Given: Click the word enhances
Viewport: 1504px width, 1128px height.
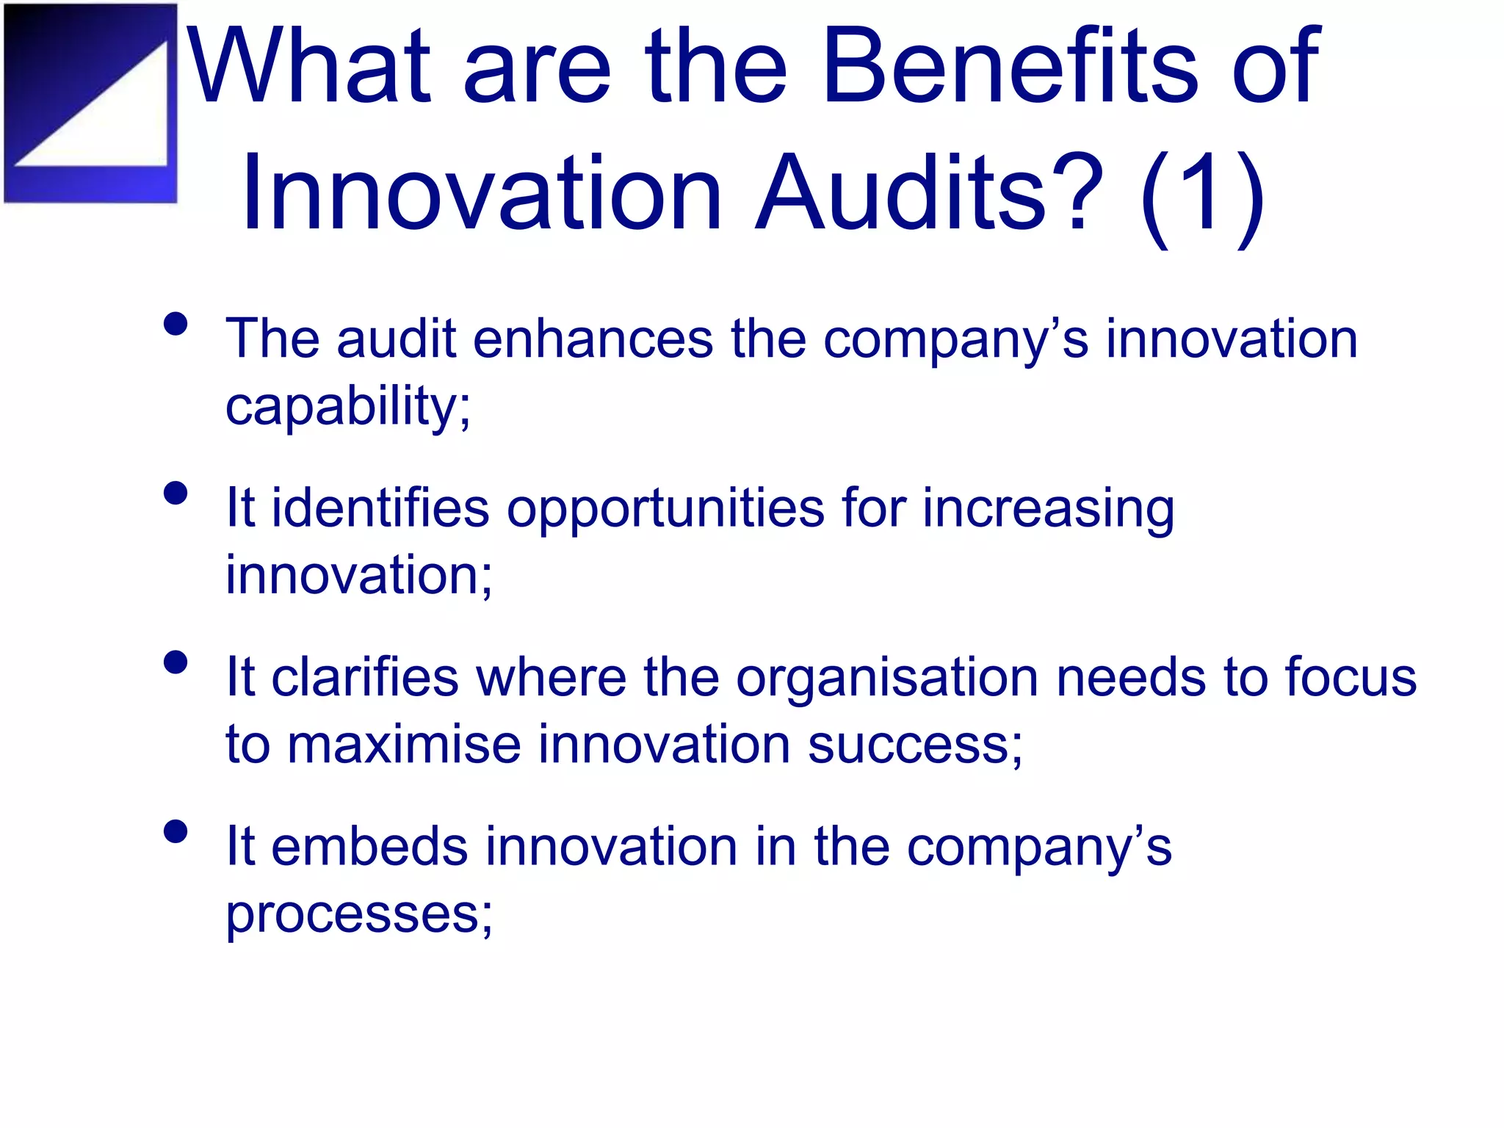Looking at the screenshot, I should coord(593,339).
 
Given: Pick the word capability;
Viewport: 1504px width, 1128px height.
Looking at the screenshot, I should coord(347,407).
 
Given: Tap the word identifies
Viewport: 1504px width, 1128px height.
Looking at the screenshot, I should coord(380,508).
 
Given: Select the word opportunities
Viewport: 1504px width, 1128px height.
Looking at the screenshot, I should coord(665,510).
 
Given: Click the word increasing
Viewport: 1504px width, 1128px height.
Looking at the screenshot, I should coord(1048,510).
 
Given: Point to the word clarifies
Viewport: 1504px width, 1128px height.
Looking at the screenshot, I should coord(364,677).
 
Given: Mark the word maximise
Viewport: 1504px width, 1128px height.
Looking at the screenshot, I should coord(403,745).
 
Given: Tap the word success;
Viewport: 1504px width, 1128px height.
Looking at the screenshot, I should coord(915,745).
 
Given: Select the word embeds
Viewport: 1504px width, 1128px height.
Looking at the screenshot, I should coord(369,847).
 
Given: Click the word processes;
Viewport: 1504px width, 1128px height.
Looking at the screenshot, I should coord(359,915).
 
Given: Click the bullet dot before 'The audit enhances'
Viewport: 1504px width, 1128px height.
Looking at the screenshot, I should coord(176,324).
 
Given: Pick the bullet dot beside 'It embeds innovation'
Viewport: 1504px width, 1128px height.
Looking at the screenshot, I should coord(176,831).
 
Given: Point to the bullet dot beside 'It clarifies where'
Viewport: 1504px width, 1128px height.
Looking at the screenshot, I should coord(176,662).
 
